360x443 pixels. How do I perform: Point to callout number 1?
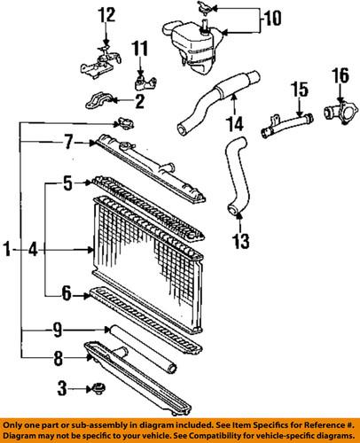coord(10,253)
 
